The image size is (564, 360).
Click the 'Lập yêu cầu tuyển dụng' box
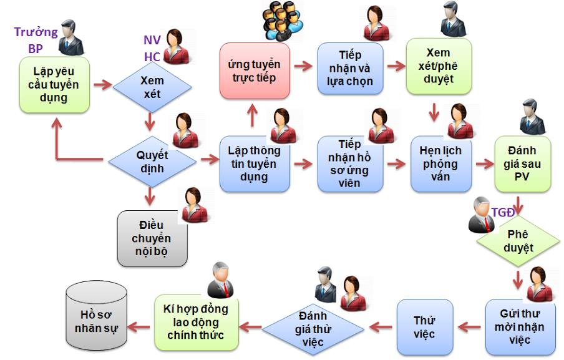54,85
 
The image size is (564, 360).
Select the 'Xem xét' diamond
150,85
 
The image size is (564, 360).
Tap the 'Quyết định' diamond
152,160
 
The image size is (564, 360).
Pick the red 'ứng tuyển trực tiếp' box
255,71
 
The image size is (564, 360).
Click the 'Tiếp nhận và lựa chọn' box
349,69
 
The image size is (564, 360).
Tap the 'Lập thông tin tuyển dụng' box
255,163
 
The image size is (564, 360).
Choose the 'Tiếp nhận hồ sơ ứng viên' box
349,164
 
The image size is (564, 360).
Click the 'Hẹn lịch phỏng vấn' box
440,164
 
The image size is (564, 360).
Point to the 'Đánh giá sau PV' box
523,164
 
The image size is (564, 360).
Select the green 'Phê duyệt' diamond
518,240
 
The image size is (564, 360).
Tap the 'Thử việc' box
424,327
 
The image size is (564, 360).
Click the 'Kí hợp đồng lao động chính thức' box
196,322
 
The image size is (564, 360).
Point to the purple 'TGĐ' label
503,212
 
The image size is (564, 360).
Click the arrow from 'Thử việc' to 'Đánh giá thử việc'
382,326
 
